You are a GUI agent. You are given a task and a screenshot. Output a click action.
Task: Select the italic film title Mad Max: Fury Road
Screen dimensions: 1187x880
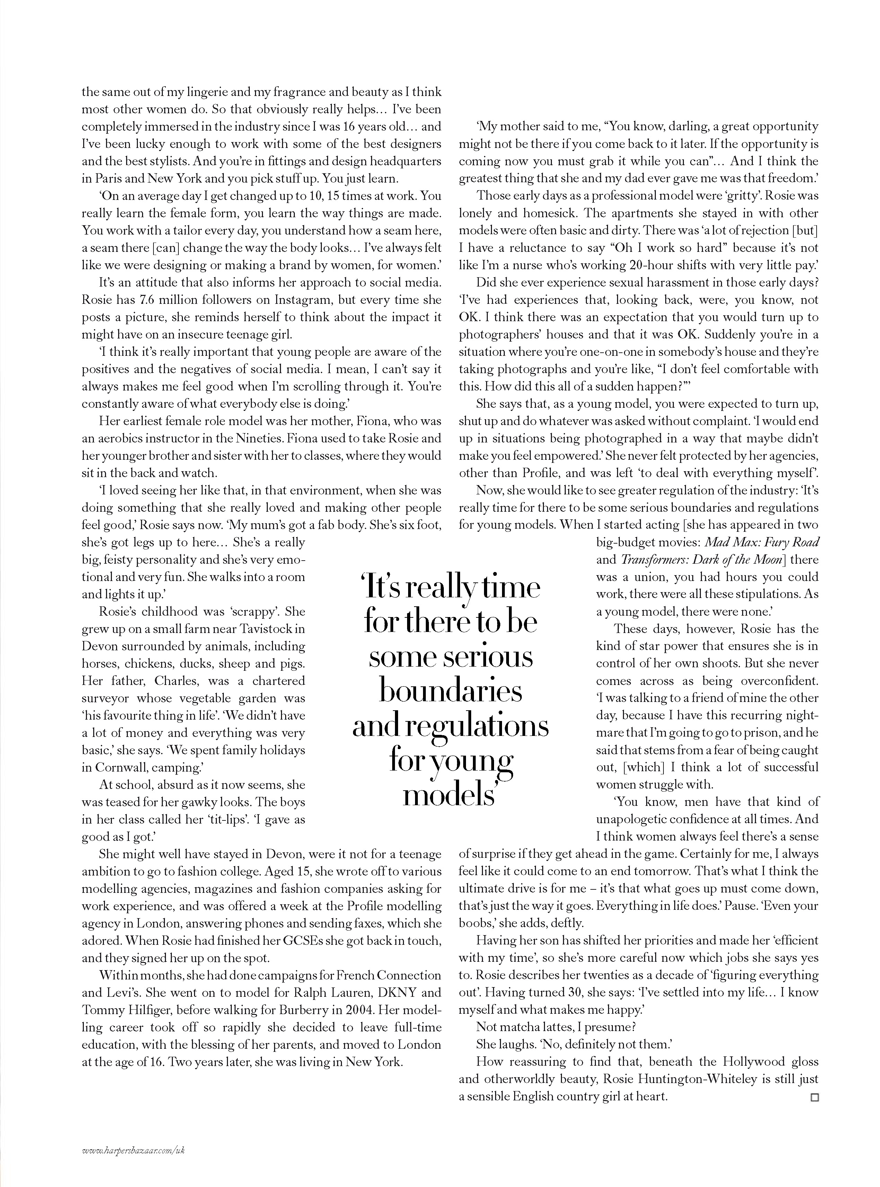762,542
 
